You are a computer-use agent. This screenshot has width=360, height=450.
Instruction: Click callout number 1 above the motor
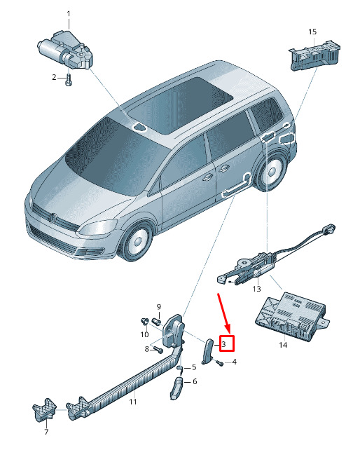pyautogui.click(x=69, y=13)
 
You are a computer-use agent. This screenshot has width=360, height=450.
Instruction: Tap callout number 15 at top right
pyautogui.click(x=312, y=32)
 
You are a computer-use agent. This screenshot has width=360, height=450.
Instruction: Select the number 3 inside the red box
pyautogui.click(x=224, y=343)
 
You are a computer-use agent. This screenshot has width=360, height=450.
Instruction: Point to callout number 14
pyautogui.click(x=283, y=344)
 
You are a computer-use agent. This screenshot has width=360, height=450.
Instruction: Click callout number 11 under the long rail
pyautogui.click(x=133, y=401)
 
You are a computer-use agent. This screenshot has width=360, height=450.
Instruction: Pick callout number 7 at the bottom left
pyautogui.click(x=46, y=432)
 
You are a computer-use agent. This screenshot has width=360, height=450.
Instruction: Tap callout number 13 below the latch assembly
pyautogui.click(x=256, y=288)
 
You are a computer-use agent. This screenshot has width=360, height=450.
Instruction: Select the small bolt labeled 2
pyautogui.click(x=69, y=80)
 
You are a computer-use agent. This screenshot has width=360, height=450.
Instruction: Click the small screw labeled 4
pyautogui.click(x=220, y=363)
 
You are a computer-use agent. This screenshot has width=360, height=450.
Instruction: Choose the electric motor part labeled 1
pyautogui.click(x=66, y=50)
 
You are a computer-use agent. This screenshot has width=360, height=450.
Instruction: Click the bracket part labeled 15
pyautogui.click(x=315, y=55)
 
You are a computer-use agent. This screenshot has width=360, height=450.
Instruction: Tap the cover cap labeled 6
pyautogui.click(x=176, y=388)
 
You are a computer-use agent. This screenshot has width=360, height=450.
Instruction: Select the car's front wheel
pyautogui.click(x=137, y=240)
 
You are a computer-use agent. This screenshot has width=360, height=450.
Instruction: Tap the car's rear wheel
pyautogui.click(x=270, y=172)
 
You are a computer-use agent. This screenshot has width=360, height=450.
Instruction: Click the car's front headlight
pyautogui.click(x=97, y=227)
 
